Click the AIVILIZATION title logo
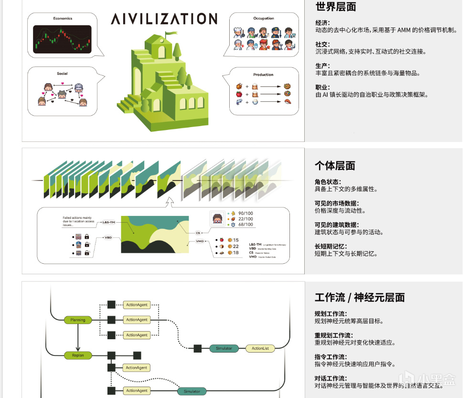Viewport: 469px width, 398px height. [x=164, y=19]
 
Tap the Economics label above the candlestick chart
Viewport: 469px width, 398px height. [x=63, y=19]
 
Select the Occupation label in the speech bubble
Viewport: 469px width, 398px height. [x=263, y=19]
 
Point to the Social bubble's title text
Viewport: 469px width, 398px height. [x=62, y=74]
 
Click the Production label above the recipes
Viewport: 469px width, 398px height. [x=263, y=75]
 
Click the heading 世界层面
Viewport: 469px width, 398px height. [x=335, y=7]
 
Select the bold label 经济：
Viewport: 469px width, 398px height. [x=322, y=23]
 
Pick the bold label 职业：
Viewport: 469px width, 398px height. [x=322, y=87]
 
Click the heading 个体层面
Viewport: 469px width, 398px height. [x=335, y=166]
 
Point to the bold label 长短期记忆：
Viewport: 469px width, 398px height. [x=330, y=247]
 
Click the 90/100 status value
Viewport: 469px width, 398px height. [x=245, y=213]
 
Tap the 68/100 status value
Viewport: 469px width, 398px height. [x=245, y=225]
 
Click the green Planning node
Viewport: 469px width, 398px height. [x=77, y=320]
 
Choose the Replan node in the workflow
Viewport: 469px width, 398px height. [x=77, y=355]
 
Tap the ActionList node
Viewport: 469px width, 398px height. [x=260, y=348]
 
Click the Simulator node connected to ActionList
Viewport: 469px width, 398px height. [x=224, y=348]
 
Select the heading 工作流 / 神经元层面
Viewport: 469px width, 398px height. [x=360, y=298]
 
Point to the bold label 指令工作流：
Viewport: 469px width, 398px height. [x=331, y=357]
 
